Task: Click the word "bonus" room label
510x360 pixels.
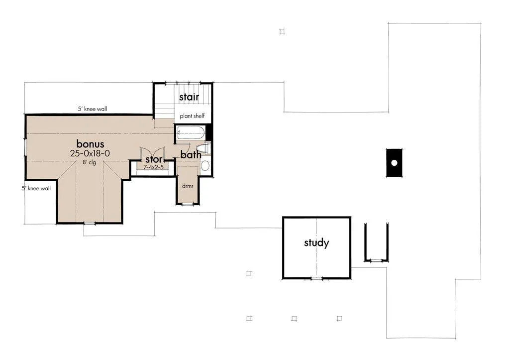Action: pyautogui.click(x=90, y=143)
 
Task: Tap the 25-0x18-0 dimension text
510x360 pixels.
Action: pyautogui.click(x=90, y=153)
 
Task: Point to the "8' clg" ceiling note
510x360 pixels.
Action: pyautogui.click(x=89, y=162)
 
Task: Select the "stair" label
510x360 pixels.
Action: pyautogui.click(x=189, y=97)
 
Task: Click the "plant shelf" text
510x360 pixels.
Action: pyautogui.click(x=192, y=116)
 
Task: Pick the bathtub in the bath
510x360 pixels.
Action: pyautogui.click(x=190, y=133)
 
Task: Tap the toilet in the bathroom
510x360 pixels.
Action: pyautogui.click(x=204, y=148)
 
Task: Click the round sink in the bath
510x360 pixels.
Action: pyautogui.click(x=205, y=166)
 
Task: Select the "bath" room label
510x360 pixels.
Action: pyautogui.click(x=191, y=155)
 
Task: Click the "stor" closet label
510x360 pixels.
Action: pyautogui.click(x=154, y=159)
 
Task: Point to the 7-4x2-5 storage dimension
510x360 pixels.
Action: pyautogui.click(x=154, y=167)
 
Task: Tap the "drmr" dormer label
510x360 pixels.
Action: pyautogui.click(x=188, y=186)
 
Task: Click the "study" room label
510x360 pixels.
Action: pyautogui.click(x=316, y=242)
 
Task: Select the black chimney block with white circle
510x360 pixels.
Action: pyautogui.click(x=394, y=163)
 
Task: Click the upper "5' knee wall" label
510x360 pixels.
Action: pyautogui.click(x=93, y=109)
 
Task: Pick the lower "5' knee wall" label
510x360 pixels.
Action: pyautogui.click(x=36, y=188)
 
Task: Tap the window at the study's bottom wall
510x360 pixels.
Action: pyautogui.click(x=316, y=278)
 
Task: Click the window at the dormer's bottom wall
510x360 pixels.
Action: pyautogui.click(x=188, y=204)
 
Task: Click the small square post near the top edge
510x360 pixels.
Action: pyautogui.click(x=282, y=31)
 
